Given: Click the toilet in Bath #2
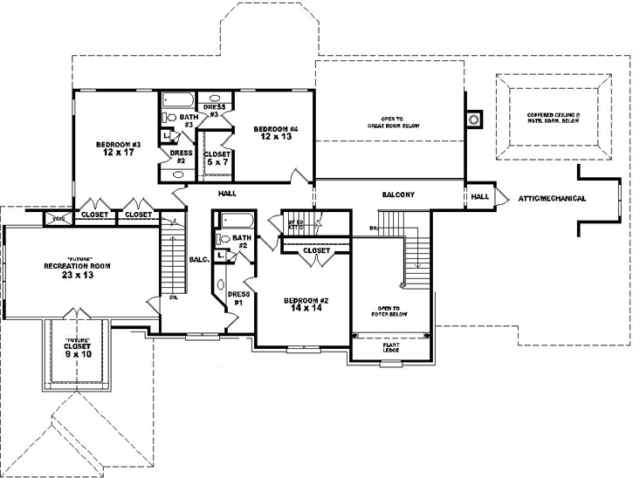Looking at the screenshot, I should tap(224, 238).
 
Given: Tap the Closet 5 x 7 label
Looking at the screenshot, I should tap(217, 158).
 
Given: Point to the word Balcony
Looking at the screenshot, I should tap(397, 194).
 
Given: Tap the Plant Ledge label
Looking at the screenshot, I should tap(391, 348).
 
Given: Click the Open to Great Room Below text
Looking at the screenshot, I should tap(388, 122).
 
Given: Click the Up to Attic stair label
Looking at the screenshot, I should tap(295, 224).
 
